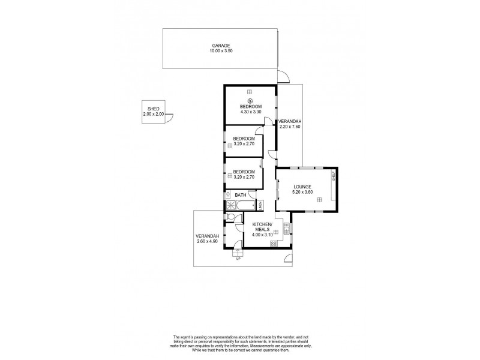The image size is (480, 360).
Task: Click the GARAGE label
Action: tap(220, 46)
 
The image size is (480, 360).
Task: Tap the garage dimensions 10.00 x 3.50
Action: tap(220, 52)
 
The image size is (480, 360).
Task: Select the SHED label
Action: tap(153, 109)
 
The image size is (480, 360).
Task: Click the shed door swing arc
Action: tap(170, 118)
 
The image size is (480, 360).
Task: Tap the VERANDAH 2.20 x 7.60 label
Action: tap(289, 124)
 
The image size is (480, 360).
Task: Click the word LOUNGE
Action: tap(304, 187)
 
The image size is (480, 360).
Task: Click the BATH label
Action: tap(240, 195)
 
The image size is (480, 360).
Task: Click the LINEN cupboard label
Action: tap(261, 206)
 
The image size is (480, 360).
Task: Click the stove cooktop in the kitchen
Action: tap(274, 243)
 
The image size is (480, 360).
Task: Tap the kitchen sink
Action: tap(286, 229)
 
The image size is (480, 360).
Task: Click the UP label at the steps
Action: tap(238, 258)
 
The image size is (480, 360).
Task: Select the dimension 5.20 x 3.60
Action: tap(304, 193)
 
